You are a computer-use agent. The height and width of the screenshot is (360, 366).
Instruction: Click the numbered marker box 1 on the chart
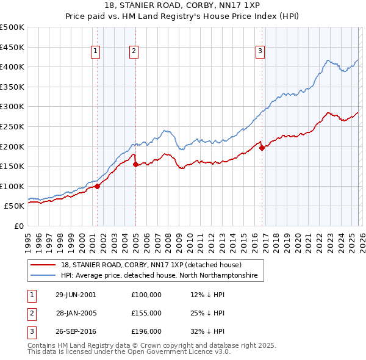point(96,52)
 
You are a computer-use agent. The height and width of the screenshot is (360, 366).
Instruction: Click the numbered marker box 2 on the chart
point(134,52)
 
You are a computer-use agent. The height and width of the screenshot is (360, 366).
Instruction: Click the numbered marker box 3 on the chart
point(260,52)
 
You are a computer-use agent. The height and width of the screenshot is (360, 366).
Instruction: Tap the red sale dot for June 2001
point(98,186)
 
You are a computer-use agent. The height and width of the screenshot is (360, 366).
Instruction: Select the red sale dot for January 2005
point(136,164)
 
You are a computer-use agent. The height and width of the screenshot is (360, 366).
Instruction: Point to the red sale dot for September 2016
point(262,148)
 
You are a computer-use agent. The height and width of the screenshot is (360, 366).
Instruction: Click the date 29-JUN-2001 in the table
point(76,295)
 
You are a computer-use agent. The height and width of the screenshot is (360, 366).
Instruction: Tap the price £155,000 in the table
point(146,313)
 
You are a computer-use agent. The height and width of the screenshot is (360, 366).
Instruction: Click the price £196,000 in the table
point(146,331)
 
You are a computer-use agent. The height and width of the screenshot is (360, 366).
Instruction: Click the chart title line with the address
point(182,5)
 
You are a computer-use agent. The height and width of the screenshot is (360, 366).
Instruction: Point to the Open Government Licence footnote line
point(129,352)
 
